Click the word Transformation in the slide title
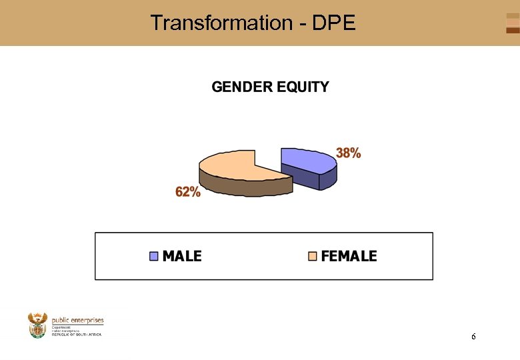click(x=217, y=23)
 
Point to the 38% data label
click(x=348, y=153)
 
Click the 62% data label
click(x=187, y=192)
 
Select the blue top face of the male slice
click(x=303, y=159)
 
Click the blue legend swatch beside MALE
click(x=155, y=256)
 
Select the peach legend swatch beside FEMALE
click(x=312, y=256)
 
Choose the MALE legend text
click(x=182, y=256)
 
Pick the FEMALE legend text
click(x=349, y=256)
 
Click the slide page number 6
click(x=473, y=337)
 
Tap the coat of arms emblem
click(x=37, y=325)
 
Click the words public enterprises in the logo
click(x=77, y=321)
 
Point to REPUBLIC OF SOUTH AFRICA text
click(x=77, y=334)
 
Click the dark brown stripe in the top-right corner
click(x=512, y=30)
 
